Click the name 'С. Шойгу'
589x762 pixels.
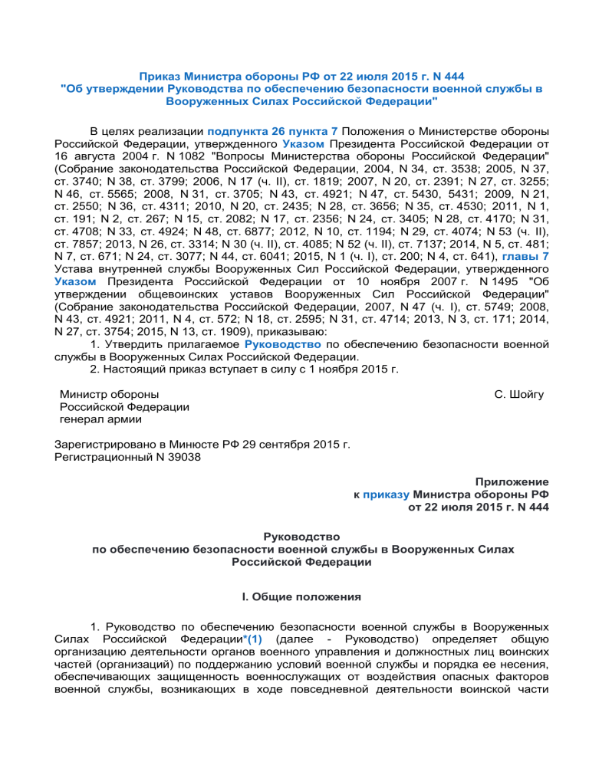point(520,394)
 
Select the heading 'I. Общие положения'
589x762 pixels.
point(294,594)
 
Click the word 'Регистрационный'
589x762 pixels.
point(104,458)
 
